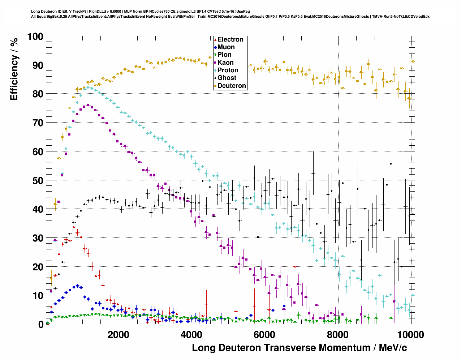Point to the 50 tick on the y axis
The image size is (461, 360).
(x=38, y=180)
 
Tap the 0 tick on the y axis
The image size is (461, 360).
(x=40, y=324)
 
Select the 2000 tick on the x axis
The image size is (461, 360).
(x=119, y=334)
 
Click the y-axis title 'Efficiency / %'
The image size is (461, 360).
(x=14, y=69)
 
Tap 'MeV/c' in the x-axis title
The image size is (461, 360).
(x=393, y=348)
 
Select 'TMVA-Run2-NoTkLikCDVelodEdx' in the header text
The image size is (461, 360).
(x=401, y=16)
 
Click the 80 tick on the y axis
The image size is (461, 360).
(x=38, y=94)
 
